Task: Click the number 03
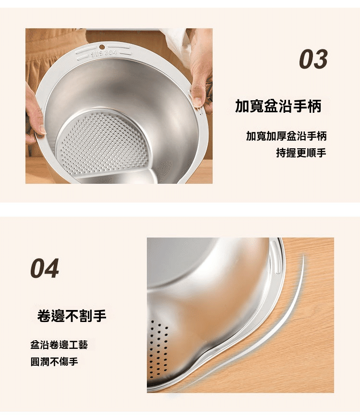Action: tap(313, 59)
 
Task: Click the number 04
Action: tap(45, 269)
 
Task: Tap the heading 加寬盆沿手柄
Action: tap(278, 106)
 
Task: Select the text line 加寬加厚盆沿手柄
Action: tap(286, 136)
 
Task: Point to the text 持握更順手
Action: tap(301, 153)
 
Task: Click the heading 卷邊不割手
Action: tap(72, 316)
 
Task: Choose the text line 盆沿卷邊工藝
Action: tap(59, 345)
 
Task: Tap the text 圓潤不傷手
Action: tap(54, 362)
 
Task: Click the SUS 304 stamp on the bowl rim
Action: tap(104, 54)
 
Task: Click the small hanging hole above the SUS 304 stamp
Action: tap(102, 48)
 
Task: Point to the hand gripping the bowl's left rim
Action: tap(34, 114)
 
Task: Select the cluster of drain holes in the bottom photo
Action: tap(158, 349)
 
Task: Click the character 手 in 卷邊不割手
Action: tap(100, 316)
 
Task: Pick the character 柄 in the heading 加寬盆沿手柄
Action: tap(315, 106)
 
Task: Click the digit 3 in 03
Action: tap(321, 59)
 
